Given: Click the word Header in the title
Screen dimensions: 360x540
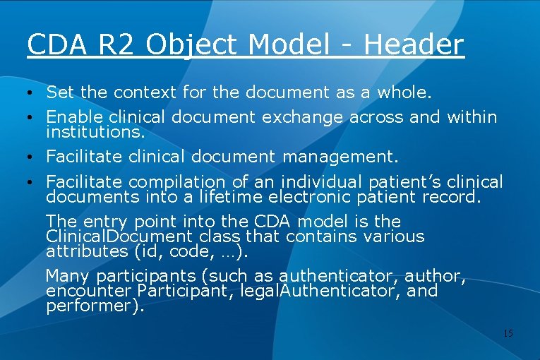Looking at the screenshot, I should [414, 44].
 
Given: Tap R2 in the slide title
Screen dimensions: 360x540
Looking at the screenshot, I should [115, 44].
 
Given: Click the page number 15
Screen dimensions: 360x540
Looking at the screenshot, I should [508, 332].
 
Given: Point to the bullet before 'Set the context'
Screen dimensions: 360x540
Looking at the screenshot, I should [30, 92].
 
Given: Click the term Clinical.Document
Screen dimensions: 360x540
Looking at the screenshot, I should [119, 236].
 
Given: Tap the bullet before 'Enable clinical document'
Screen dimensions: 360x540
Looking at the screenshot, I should [30, 117].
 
